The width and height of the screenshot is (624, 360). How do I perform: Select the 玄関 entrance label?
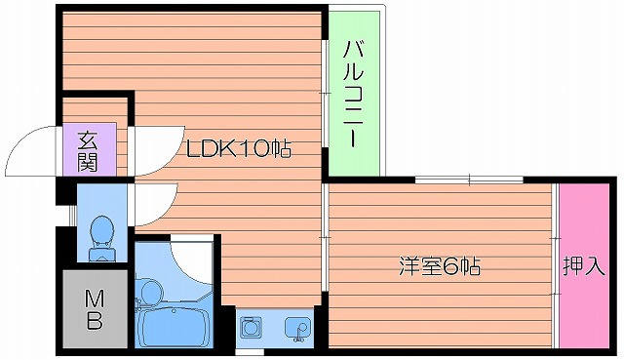click(89, 151)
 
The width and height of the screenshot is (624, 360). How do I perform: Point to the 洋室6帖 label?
click(438, 265)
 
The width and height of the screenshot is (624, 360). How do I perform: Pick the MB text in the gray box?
click(95, 310)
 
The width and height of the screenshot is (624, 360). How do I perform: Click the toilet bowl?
click(100, 234)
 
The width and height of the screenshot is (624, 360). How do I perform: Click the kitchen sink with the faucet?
click(293, 328)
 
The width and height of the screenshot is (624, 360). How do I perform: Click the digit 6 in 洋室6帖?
click(452, 265)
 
